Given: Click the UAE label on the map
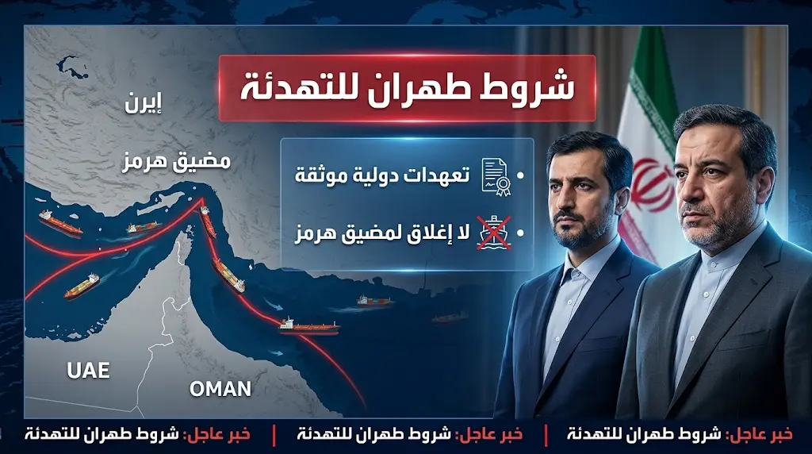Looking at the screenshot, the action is coord(88,370).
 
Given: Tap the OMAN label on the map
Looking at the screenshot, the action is coord(220,389).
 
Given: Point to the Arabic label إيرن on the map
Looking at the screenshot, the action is coord(144,104).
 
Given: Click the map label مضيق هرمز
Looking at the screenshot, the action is coord(177,162).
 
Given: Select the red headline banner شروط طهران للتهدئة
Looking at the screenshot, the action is coord(407,89).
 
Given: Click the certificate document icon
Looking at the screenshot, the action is coord(496,177).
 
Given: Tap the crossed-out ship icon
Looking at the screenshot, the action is coord(493,233).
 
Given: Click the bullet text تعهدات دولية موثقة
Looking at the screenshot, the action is coord(382,175).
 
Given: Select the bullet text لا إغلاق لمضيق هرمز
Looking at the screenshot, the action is coord(382,233).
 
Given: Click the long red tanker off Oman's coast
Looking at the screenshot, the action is coord(309,326).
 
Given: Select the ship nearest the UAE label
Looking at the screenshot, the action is coord(82,287).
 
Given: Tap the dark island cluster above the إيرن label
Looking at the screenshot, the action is coord(71,67).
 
